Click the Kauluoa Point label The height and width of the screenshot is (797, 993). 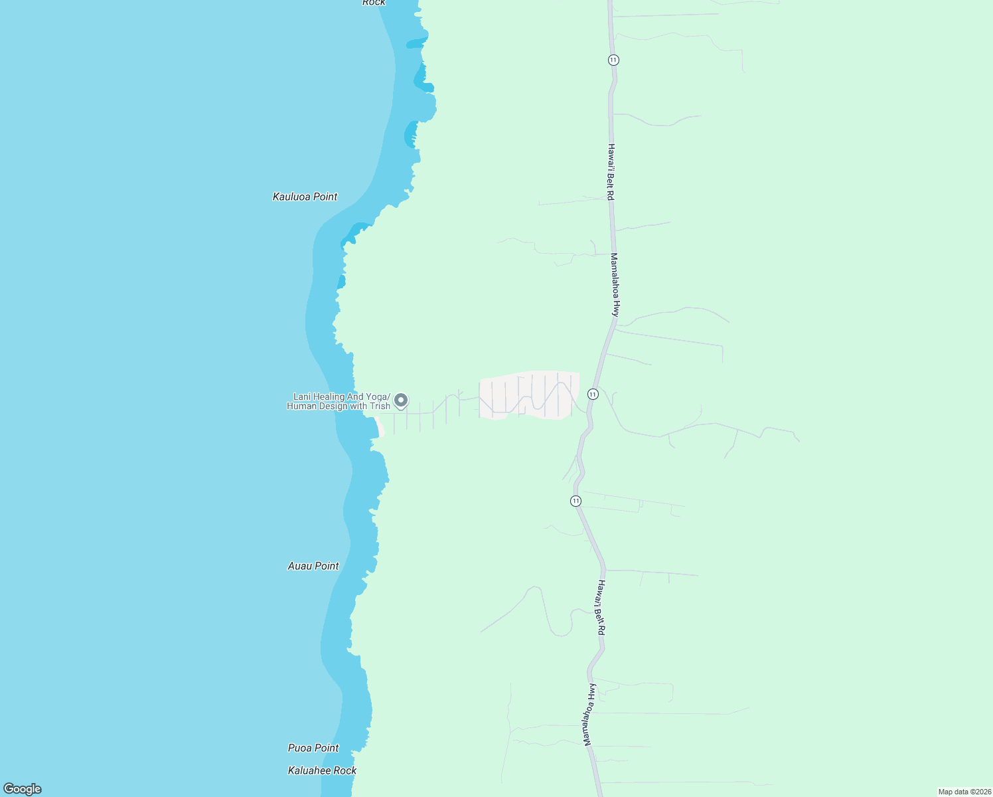coord(305,197)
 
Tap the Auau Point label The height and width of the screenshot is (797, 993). coord(313,566)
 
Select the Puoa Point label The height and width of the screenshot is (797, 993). coord(313,748)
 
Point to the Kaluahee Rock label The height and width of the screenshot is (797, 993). coord(322,770)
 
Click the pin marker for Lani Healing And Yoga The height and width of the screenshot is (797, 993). coord(400,400)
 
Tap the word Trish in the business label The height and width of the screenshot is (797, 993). coord(380,406)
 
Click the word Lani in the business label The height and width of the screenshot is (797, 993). coord(303,397)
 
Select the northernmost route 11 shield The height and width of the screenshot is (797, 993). coord(613,60)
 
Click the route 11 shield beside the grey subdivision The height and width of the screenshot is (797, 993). coord(593,394)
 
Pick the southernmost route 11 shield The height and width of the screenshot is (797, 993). coord(575,501)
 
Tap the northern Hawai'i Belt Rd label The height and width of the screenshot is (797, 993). coord(611,172)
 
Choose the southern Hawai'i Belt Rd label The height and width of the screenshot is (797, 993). coord(600,608)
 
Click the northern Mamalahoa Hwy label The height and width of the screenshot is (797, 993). coord(615,284)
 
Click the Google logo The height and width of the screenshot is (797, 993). coord(23,789)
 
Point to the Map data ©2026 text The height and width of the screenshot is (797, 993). coord(964,792)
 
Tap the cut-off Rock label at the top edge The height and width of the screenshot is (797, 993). coord(374,3)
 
